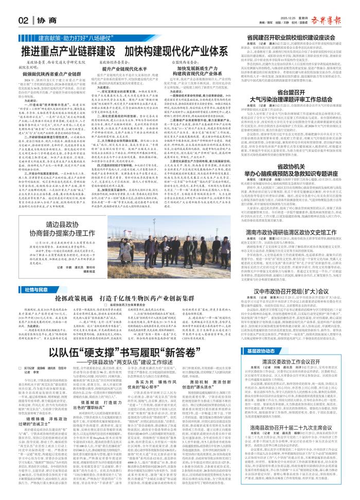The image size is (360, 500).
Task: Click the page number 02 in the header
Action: click(23, 20)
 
